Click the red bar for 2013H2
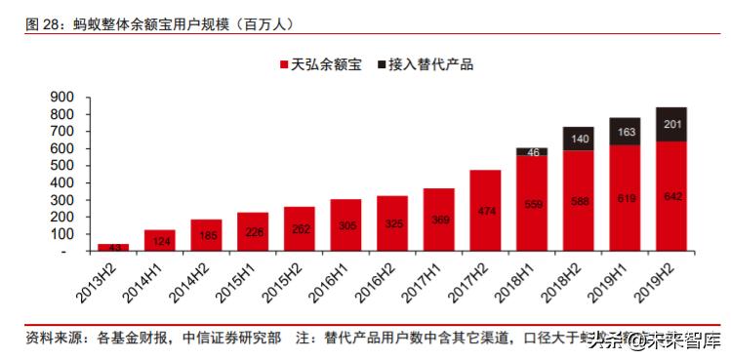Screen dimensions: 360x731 (x=113, y=248)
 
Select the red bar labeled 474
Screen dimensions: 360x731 (x=485, y=211)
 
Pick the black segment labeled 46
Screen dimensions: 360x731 (x=532, y=152)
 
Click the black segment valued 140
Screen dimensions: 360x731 (x=578, y=139)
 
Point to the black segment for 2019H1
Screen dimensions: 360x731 (x=625, y=132)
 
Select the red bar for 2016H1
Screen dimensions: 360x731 (x=345, y=225)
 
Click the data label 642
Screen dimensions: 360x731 (x=671, y=224)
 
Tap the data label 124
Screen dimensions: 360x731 (x=160, y=240)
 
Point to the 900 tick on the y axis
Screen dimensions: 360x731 (x=61, y=97)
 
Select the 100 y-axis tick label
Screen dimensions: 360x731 (x=61, y=234)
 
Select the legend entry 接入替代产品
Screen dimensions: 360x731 (x=430, y=65)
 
